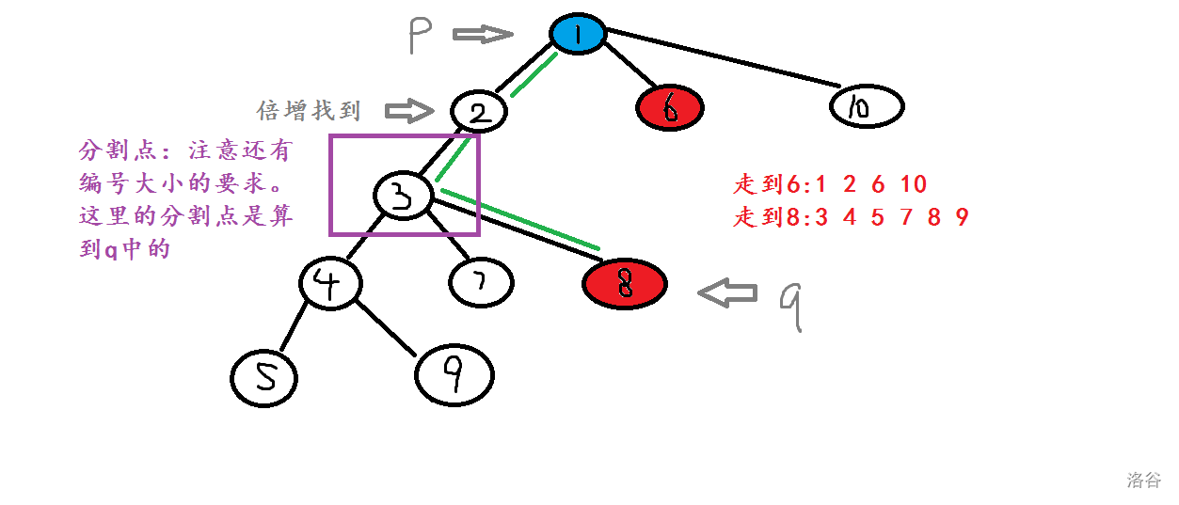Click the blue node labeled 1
point(578,35)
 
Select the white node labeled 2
point(479,113)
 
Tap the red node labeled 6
point(669,109)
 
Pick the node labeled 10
point(866,107)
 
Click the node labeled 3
point(403,196)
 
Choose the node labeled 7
point(481,282)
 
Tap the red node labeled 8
point(624,283)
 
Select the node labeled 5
point(263,377)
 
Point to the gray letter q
point(791,303)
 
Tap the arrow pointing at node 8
point(727,292)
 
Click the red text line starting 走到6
point(830,184)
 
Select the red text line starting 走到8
point(851,218)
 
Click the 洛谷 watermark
point(1144,480)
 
